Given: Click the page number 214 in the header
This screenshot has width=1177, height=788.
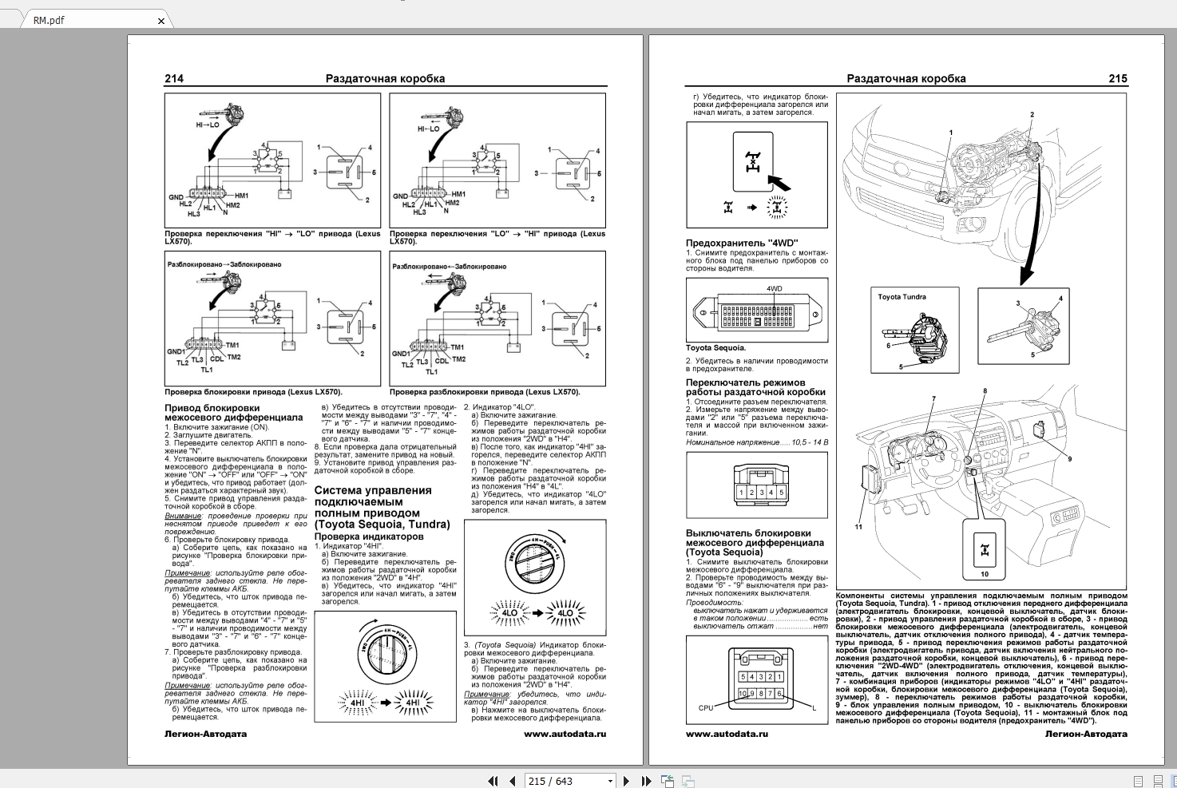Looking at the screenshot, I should click(174, 78).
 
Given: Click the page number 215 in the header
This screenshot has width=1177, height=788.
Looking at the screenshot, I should click(1117, 78).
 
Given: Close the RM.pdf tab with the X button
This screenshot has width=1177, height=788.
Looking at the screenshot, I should click(160, 21).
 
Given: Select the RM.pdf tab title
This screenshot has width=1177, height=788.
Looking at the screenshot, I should click(49, 21).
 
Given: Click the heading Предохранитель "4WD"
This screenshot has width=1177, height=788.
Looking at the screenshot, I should click(741, 243).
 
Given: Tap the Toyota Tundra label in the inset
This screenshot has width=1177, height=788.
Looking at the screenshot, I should click(902, 297).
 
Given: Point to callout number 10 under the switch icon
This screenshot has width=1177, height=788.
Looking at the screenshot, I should click(984, 574).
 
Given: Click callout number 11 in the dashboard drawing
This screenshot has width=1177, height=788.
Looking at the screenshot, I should click(858, 527).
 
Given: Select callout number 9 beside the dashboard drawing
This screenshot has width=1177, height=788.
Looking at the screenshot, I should click(1069, 459).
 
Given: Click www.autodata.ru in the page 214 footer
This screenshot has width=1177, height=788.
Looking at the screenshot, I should click(565, 734).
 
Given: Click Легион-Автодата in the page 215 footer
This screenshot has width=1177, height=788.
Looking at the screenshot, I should click(1085, 734).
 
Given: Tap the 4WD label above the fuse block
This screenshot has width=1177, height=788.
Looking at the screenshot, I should click(774, 288).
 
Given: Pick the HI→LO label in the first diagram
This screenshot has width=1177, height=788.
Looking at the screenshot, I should click(207, 125).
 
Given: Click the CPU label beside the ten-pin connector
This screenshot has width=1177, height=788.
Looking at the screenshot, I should click(705, 707).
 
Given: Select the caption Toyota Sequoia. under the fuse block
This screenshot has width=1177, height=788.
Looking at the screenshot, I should click(715, 348).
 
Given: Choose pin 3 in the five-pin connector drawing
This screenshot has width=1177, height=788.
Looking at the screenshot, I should click(761, 493).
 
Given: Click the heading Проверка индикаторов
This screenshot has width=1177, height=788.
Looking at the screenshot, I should click(369, 536).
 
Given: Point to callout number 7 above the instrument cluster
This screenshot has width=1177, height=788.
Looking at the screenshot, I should click(933, 398).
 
